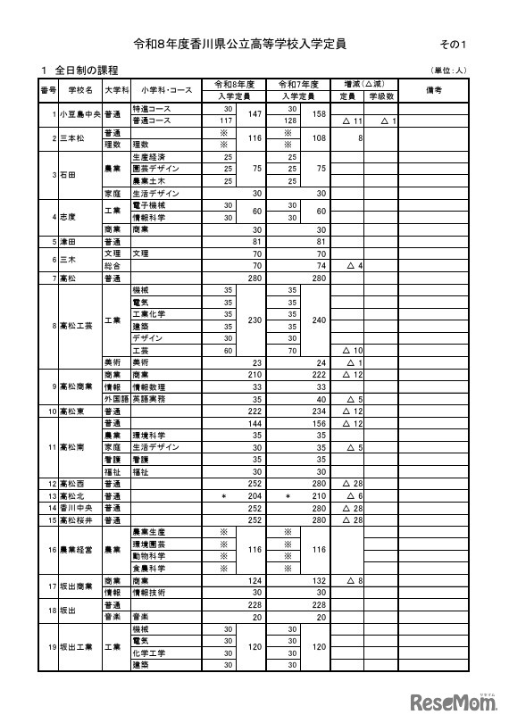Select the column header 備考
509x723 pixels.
434,90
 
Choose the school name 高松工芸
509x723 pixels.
75,326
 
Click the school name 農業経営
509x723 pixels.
75,549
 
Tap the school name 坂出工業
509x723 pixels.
75,645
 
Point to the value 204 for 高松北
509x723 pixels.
254,495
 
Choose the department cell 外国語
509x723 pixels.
113,399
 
